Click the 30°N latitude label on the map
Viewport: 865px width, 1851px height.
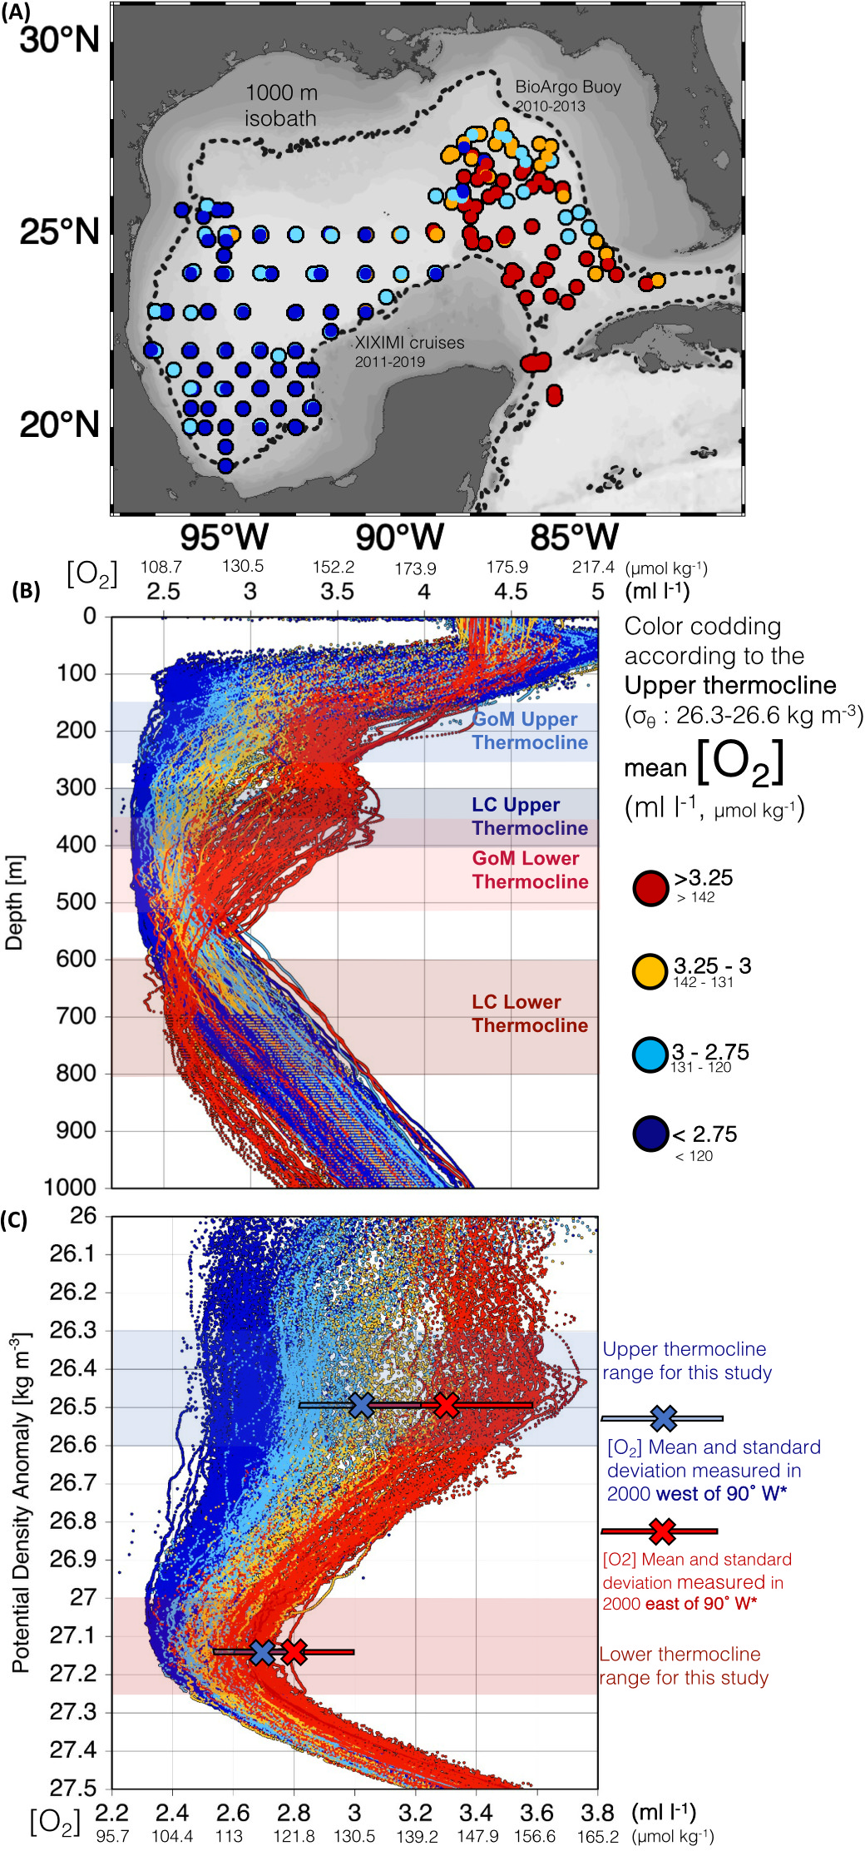[59, 39]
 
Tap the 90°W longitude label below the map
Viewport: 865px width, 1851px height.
[399, 537]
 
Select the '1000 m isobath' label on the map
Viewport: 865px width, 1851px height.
[281, 106]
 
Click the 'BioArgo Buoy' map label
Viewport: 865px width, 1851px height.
[567, 87]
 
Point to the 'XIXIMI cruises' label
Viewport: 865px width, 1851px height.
[409, 343]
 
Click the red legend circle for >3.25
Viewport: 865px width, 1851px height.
[650, 888]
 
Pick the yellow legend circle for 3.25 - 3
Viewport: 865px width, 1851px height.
[650, 970]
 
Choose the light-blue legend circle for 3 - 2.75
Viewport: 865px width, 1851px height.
[650, 1055]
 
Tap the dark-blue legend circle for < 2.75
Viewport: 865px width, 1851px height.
[650, 1134]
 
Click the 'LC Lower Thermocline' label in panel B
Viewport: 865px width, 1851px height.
[530, 1014]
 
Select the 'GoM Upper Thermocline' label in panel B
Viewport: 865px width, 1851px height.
[530, 731]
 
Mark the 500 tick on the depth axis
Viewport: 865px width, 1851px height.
[76, 901]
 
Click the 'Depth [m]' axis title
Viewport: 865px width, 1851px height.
[14, 902]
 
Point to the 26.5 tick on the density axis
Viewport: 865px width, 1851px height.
[72, 1407]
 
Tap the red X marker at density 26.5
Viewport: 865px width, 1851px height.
[447, 1405]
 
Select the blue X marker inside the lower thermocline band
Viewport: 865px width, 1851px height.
[262, 1652]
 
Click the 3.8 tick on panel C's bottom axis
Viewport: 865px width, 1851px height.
[597, 1813]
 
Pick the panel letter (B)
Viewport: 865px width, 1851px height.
[26, 591]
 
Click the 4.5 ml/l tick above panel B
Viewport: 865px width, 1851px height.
[510, 592]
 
